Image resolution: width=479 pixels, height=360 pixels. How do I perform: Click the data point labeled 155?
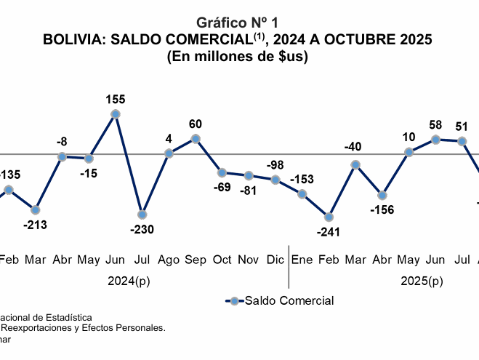116,114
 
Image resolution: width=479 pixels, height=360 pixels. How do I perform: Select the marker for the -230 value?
142,215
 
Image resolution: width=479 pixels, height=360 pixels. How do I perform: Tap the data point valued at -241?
329,217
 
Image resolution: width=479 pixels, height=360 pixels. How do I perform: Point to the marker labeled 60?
196,138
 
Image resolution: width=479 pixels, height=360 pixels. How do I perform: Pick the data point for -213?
36,210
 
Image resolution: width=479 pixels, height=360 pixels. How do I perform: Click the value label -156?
382,211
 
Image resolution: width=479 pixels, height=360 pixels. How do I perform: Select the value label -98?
275,165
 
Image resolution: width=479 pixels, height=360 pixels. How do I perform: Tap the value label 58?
435,124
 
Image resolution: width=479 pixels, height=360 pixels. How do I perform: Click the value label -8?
63,142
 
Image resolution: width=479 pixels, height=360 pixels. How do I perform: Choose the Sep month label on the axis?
196,260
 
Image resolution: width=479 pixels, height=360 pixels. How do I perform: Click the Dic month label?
275,260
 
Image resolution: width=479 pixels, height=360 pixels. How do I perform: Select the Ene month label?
302,260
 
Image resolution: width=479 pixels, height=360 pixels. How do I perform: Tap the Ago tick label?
169,260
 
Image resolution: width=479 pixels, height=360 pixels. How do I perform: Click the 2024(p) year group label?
129,281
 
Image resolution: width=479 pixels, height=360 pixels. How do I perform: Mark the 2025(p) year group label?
422,281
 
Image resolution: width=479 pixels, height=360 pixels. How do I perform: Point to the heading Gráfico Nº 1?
238,23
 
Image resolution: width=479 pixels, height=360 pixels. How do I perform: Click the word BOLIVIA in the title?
74,39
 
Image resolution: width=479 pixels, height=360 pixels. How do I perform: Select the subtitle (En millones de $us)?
238,57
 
